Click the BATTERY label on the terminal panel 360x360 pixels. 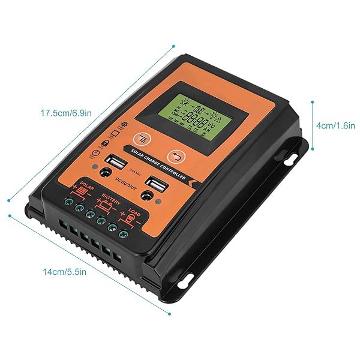112,196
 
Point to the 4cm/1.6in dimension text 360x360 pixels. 335,126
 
